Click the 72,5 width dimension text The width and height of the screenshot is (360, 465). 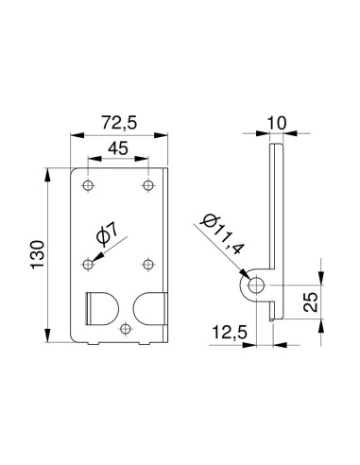click(118, 123)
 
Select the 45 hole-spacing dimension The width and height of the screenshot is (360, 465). click(117, 148)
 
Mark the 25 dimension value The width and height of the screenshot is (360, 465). click(312, 302)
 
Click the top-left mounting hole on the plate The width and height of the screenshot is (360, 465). click(88, 184)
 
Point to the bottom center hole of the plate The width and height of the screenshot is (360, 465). click(127, 328)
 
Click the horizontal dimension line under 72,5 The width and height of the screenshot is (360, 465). click(118, 135)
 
